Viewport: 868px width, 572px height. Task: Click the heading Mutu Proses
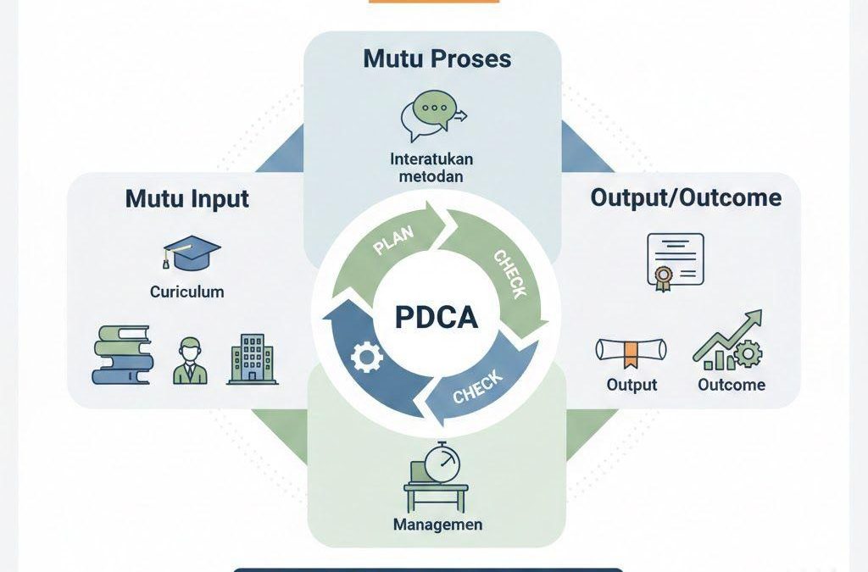coord(437,58)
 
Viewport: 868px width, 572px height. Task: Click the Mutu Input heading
coord(187,198)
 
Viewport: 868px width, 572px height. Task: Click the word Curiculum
coord(186,292)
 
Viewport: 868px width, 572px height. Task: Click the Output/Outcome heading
coord(685,197)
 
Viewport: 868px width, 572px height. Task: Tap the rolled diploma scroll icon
coord(631,352)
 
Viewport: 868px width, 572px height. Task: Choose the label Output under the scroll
coord(632,385)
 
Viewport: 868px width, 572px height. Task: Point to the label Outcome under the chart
coord(732,385)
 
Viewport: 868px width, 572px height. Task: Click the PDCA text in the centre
coord(436,317)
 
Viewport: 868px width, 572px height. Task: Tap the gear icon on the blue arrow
coord(366,358)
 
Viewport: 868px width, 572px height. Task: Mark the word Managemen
coord(437,525)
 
